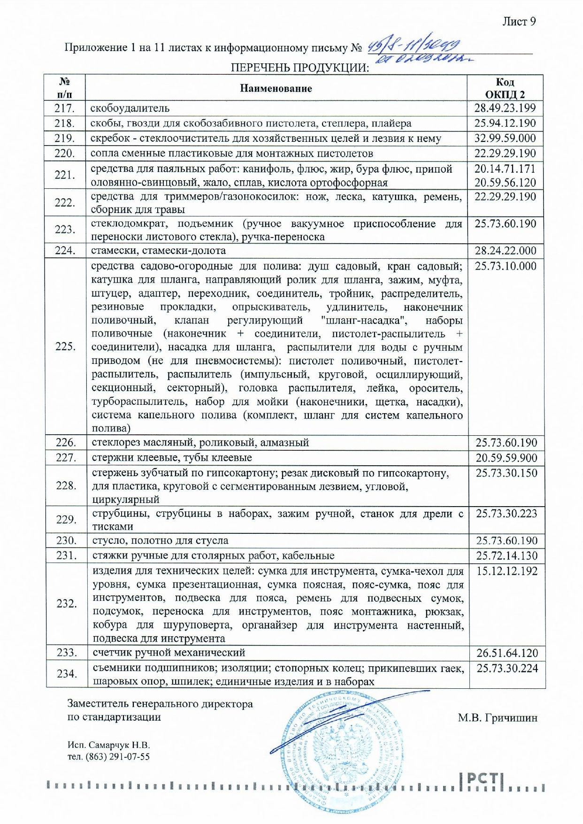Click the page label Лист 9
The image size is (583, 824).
[x=519, y=22]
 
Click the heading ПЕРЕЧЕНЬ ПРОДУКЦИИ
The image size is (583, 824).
[x=299, y=68]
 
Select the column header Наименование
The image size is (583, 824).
[x=276, y=88]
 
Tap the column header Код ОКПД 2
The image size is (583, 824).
[x=505, y=88]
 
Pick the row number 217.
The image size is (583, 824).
[x=65, y=108]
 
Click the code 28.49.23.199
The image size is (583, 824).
[x=505, y=108]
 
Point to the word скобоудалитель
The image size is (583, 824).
[x=130, y=108]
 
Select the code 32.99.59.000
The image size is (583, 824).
[x=505, y=139]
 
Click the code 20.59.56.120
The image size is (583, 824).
[x=505, y=182]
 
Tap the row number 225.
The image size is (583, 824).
[x=65, y=347]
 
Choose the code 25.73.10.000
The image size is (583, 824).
[x=506, y=266]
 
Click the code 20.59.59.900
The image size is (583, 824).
[x=506, y=458]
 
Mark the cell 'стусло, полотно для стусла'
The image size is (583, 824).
[x=161, y=540]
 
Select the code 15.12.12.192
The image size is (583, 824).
[x=507, y=571]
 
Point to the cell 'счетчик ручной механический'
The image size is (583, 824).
[x=169, y=653]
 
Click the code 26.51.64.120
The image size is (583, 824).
[x=507, y=653]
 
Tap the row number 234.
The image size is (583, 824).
[x=66, y=674]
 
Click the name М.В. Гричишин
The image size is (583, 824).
[x=498, y=718]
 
